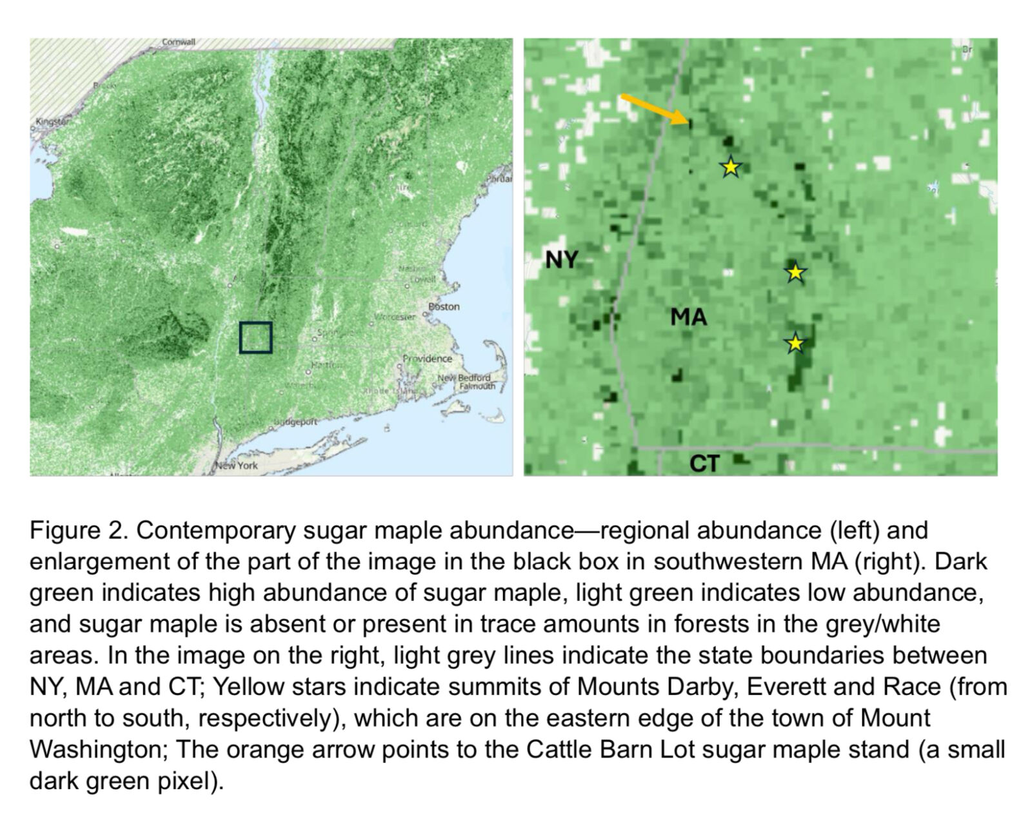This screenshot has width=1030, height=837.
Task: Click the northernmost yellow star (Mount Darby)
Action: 730,167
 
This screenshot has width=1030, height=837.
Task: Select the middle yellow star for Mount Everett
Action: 795,272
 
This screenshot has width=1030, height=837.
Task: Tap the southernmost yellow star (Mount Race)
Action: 795,343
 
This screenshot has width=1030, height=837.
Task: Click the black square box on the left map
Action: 255,337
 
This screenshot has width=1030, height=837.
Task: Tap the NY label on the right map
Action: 561,259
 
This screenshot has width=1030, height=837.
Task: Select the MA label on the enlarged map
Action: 688,317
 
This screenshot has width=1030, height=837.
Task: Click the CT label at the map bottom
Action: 704,463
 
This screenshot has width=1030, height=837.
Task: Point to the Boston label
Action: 444,307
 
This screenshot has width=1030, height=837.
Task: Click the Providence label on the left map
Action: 427,359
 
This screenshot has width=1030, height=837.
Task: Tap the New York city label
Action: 237,465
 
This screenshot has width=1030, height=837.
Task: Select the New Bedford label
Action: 464,377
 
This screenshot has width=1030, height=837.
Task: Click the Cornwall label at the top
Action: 178,42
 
